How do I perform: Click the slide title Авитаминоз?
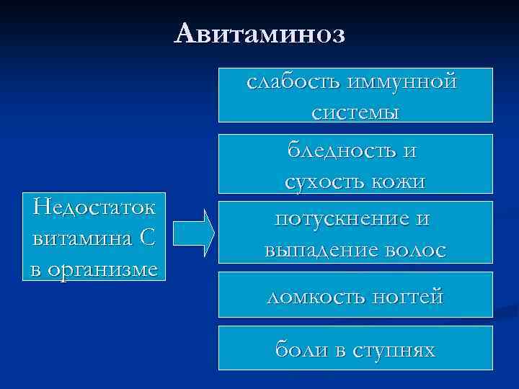(259, 33)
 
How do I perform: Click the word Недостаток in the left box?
(94, 208)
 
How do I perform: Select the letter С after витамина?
(146, 237)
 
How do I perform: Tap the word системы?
(356, 112)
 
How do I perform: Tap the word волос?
(417, 249)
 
